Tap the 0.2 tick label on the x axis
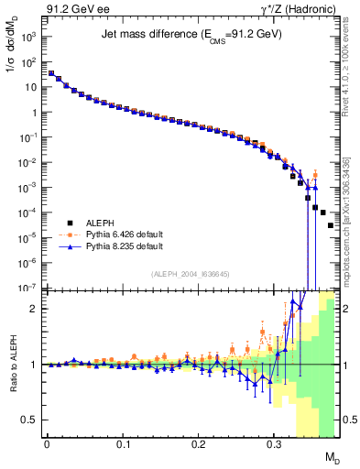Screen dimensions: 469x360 click(x=198, y=444)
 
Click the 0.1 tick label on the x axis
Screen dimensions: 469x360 click(x=123, y=444)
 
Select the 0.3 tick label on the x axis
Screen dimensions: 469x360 click(x=274, y=444)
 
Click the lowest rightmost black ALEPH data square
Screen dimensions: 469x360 click(x=331, y=225)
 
